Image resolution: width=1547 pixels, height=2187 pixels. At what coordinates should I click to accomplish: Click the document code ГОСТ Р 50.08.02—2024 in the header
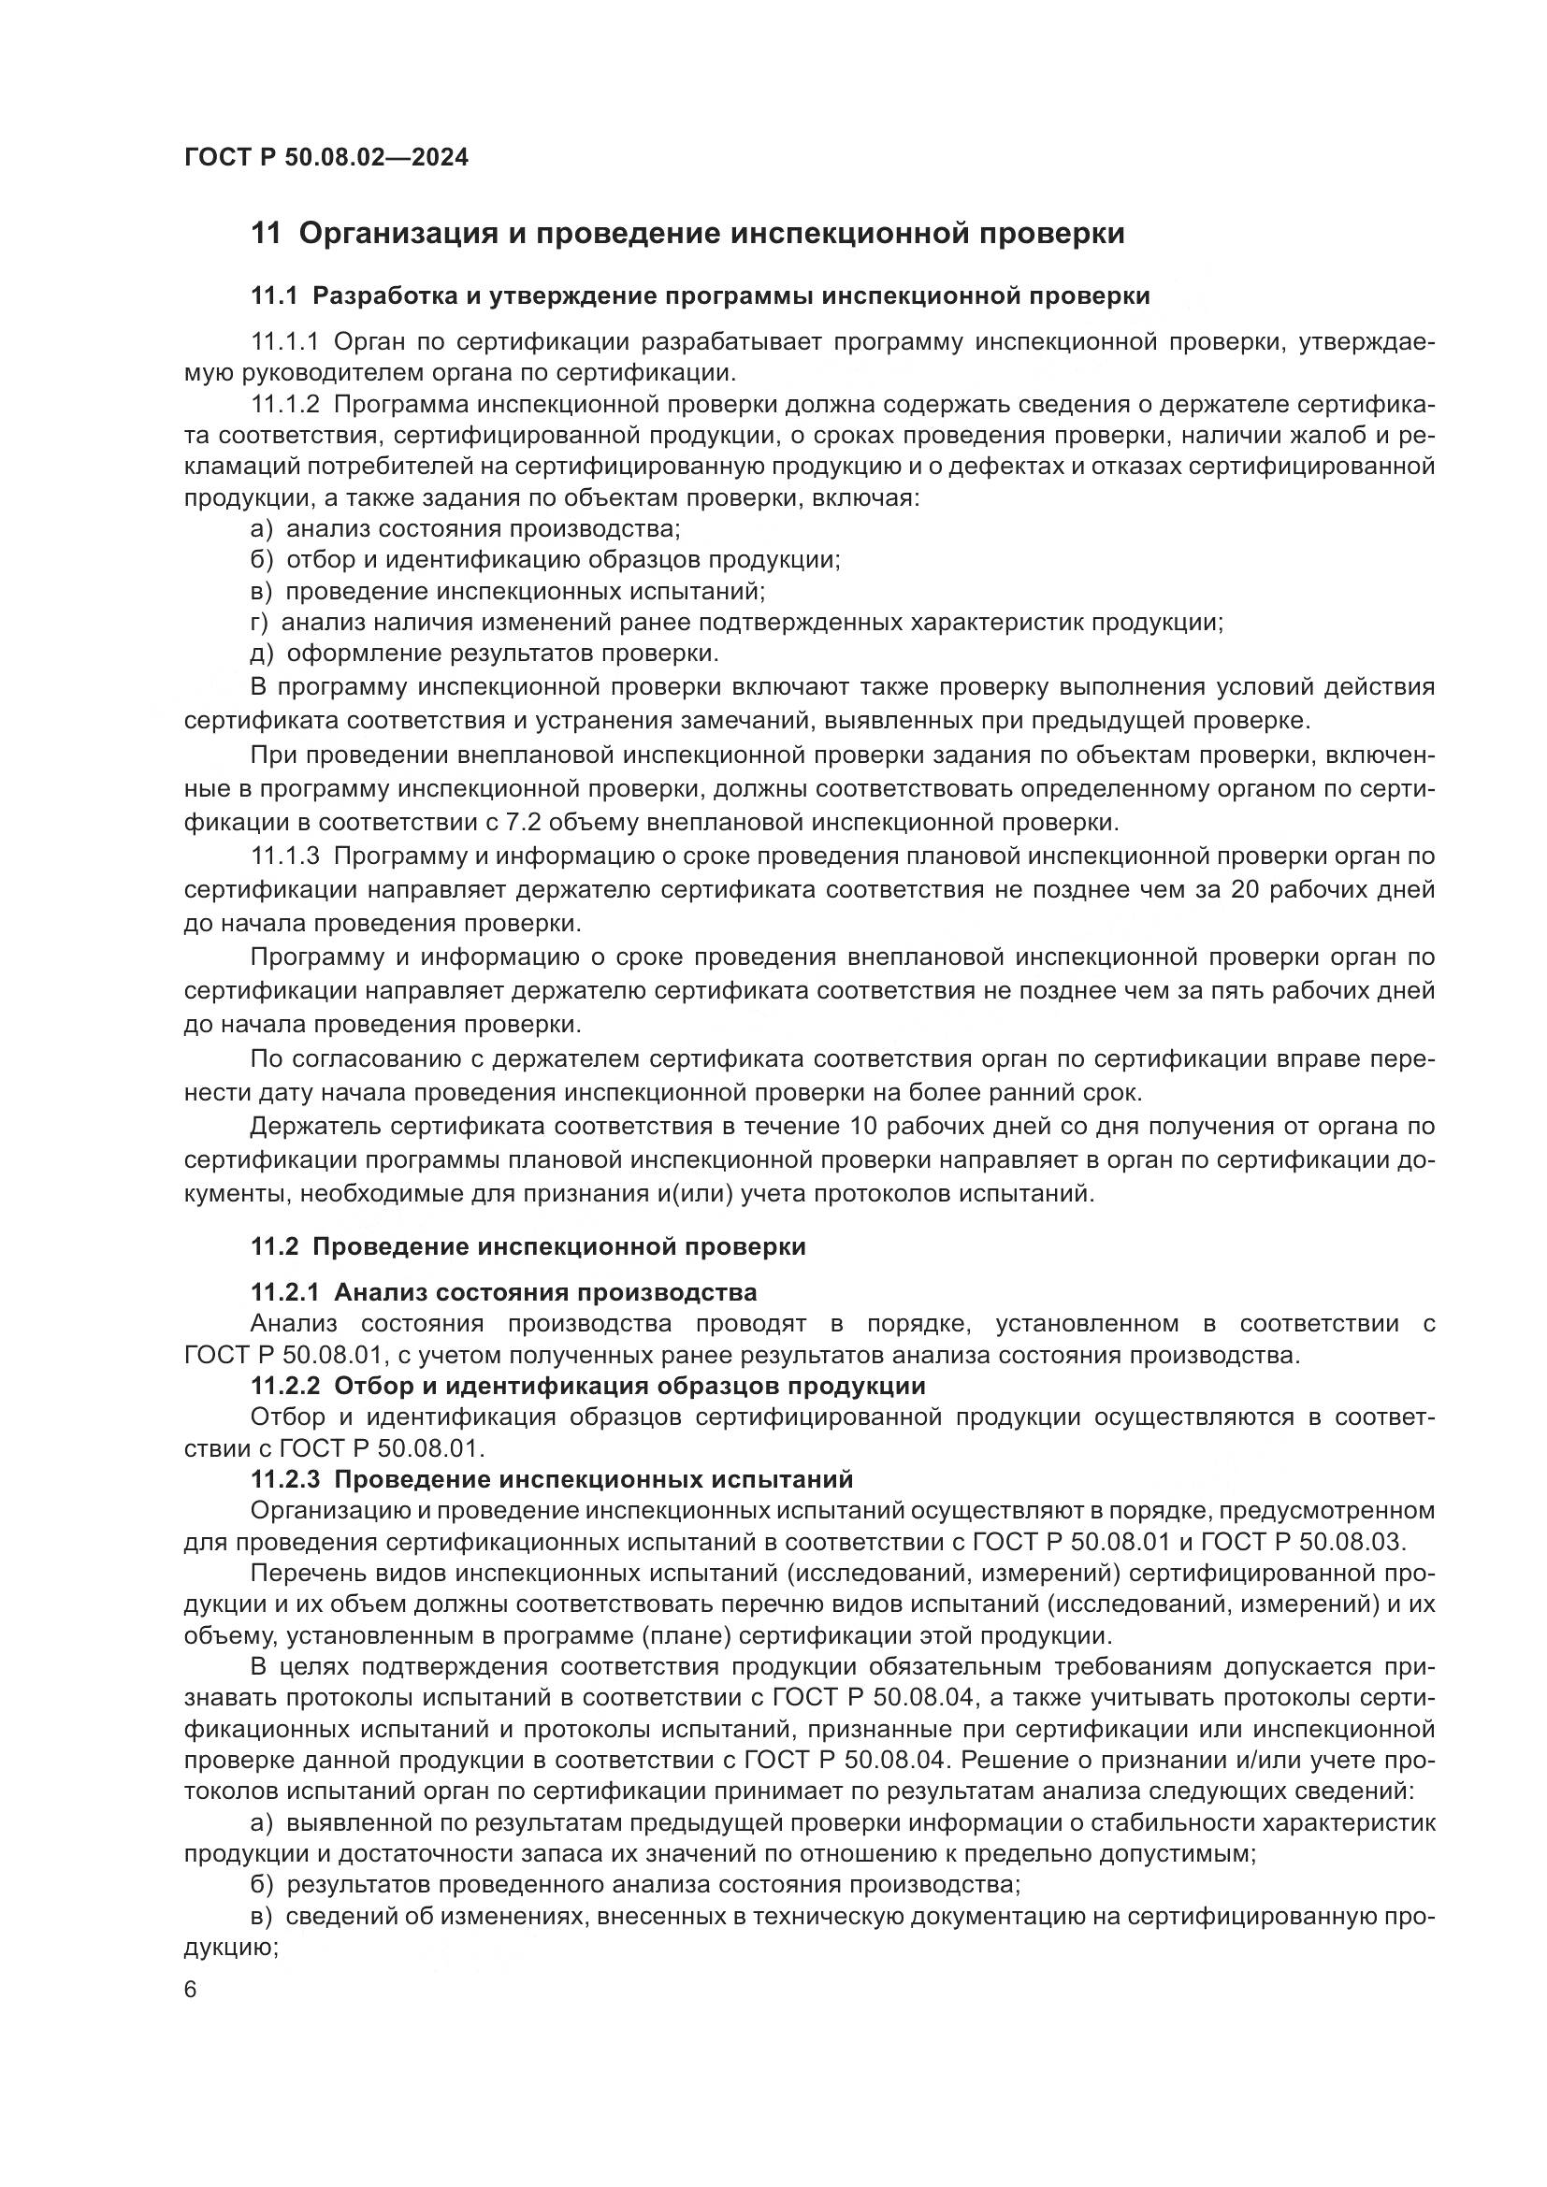325,157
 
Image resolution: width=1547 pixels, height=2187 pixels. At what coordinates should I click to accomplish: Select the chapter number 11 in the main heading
266,234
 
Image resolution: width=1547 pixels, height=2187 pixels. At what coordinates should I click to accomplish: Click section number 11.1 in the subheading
275,296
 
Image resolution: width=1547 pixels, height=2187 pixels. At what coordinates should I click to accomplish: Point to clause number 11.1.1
285,341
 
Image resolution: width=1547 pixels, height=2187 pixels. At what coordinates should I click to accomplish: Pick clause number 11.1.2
285,404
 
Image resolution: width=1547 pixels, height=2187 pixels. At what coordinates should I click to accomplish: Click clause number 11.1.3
285,856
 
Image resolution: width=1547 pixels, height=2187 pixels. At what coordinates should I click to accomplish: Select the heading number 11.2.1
285,1292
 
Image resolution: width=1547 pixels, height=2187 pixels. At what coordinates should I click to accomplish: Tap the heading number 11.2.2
285,1385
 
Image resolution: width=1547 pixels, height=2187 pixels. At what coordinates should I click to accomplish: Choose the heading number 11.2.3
285,1479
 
